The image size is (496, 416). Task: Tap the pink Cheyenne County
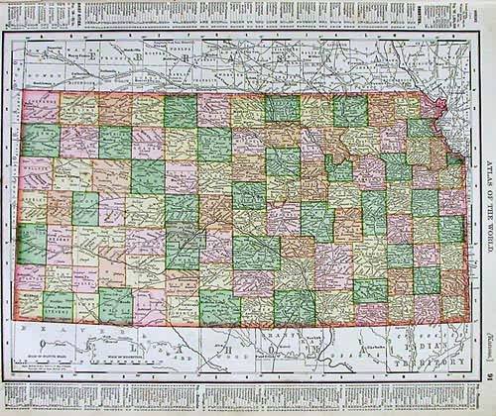pos(40,107)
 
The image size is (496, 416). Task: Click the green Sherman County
pos(40,140)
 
